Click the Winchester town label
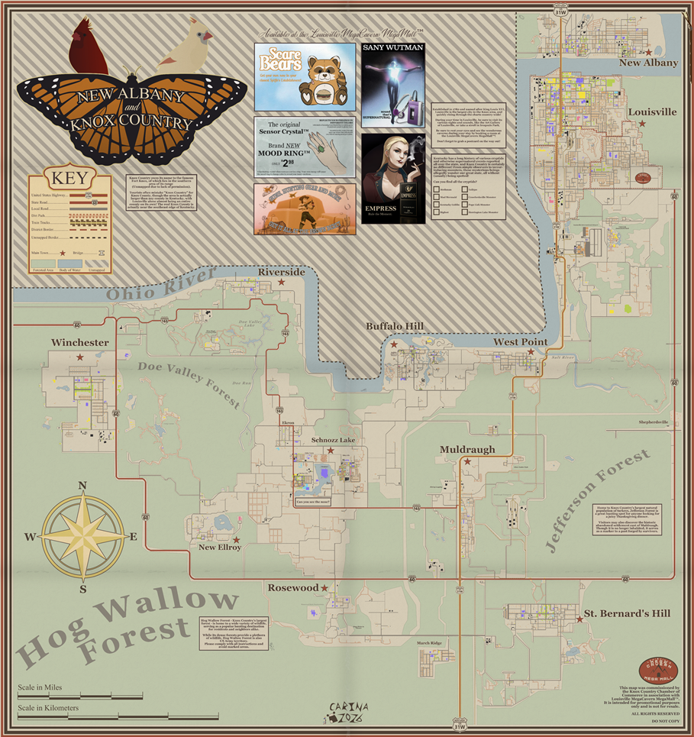pyautogui.click(x=79, y=343)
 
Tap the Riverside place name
pyautogui.click(x=281, y=272)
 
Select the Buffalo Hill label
pyautogui.click(x=394, y=326)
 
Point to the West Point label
pyautogui.click(x=519, y=341)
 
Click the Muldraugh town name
pyautogui.click(x=466, y=450)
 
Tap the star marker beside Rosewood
pyautogui.click(x=324, y=587)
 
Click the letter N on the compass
pyautogui.click(x=82, y=486)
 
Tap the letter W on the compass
pyautogui.click(x=30, y=537)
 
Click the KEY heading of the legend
pyautogui.click(x=69, y=180)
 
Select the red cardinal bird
pyautogui.click(x=89, y=47)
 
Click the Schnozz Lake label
pyautogui.click(x=333, y=441)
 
